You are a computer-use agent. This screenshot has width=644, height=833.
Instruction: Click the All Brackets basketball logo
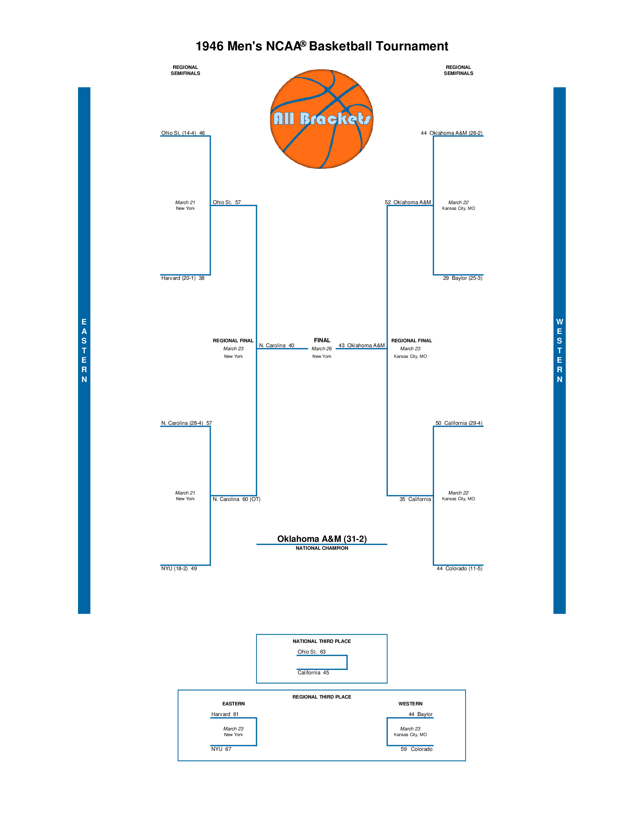[322, 119]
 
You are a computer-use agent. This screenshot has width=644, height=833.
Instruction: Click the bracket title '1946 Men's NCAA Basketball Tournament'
[322, 46]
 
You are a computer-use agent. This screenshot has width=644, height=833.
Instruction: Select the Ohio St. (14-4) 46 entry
[183, 133]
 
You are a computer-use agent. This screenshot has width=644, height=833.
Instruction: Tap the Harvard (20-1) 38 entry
[183, 278]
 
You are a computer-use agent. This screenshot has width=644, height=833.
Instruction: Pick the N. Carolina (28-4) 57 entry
[186, 423]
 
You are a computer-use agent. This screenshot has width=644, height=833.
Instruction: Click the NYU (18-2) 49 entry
[179, 568]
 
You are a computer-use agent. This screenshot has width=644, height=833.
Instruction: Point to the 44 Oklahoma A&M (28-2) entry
[451, 133]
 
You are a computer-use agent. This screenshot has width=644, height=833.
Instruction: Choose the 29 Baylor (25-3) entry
[463, 278]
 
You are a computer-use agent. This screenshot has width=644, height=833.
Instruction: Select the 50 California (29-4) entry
[459, 423]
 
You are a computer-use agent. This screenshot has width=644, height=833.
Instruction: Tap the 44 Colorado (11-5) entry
[460, 568]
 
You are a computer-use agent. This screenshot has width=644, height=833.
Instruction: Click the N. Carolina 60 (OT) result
[236, 499]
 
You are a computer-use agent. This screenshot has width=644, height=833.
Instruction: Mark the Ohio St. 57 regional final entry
[227, 202]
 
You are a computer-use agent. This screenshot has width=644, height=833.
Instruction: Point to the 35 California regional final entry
[415, 499]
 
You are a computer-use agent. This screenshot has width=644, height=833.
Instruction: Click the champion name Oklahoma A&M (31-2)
[322, 538]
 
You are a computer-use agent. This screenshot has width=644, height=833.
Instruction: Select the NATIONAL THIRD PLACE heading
[322, 641]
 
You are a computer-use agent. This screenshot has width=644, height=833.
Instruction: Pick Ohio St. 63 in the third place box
[311, 652]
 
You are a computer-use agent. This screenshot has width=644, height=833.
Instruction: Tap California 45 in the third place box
[313, 672]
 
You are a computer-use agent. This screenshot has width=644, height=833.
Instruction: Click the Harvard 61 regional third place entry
[225, 714]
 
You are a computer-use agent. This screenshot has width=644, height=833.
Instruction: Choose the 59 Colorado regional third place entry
[416, 749]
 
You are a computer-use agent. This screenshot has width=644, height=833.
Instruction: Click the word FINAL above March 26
[322, 340]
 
